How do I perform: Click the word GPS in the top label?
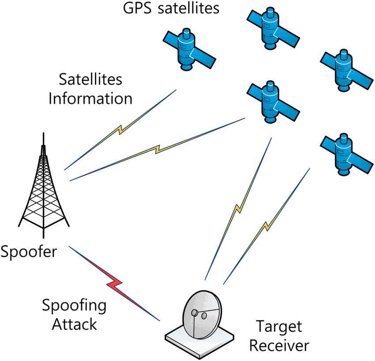tap(137, 8)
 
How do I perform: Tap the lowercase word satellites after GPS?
tap(188, 8)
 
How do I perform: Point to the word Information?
tap(90, 98)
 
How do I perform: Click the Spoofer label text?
tap(29, 252)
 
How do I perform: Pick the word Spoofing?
tap(74, 306)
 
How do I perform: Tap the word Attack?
tap(75, 324)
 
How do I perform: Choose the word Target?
tap(279, 327)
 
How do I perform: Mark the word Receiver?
tap(279, 346)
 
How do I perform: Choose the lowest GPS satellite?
tap(346, 154)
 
